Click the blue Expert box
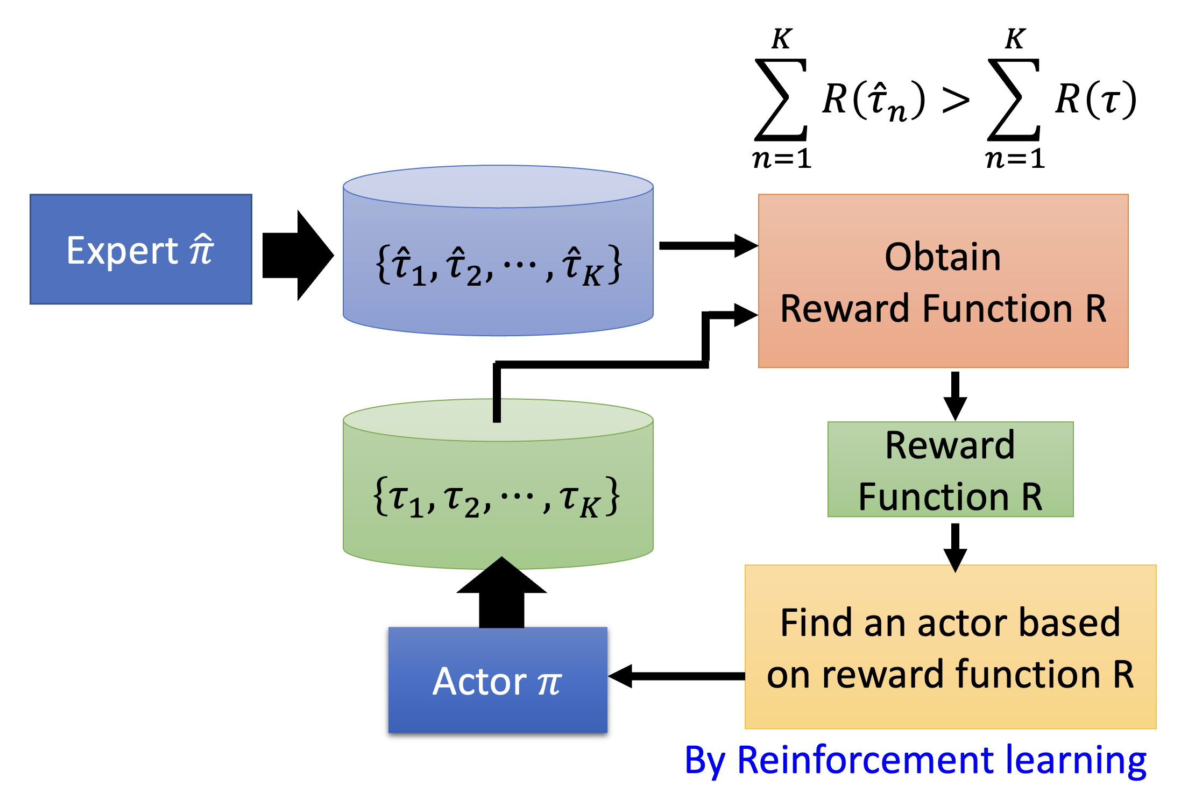click(x=141, y=249)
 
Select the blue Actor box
click(x=498, y=680)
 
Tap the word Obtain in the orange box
click(x=943, y=257)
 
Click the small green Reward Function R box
click(x=950, y=469)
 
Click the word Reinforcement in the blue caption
click(x=865, y=760)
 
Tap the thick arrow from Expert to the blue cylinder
click(x=298, y=255)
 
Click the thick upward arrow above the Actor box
click(x=501, y=592)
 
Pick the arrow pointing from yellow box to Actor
click(x=676, y=676)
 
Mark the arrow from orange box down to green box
click(x=955, y=395)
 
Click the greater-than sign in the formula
click(x=956, y=100)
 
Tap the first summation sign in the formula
click(x=781, y=100)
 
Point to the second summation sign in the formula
click(x=1014, y=100)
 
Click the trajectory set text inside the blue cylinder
click(x=498, y=265)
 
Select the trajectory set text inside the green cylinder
click(x=496, y=497)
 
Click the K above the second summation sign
click(x=1015, y=39)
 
